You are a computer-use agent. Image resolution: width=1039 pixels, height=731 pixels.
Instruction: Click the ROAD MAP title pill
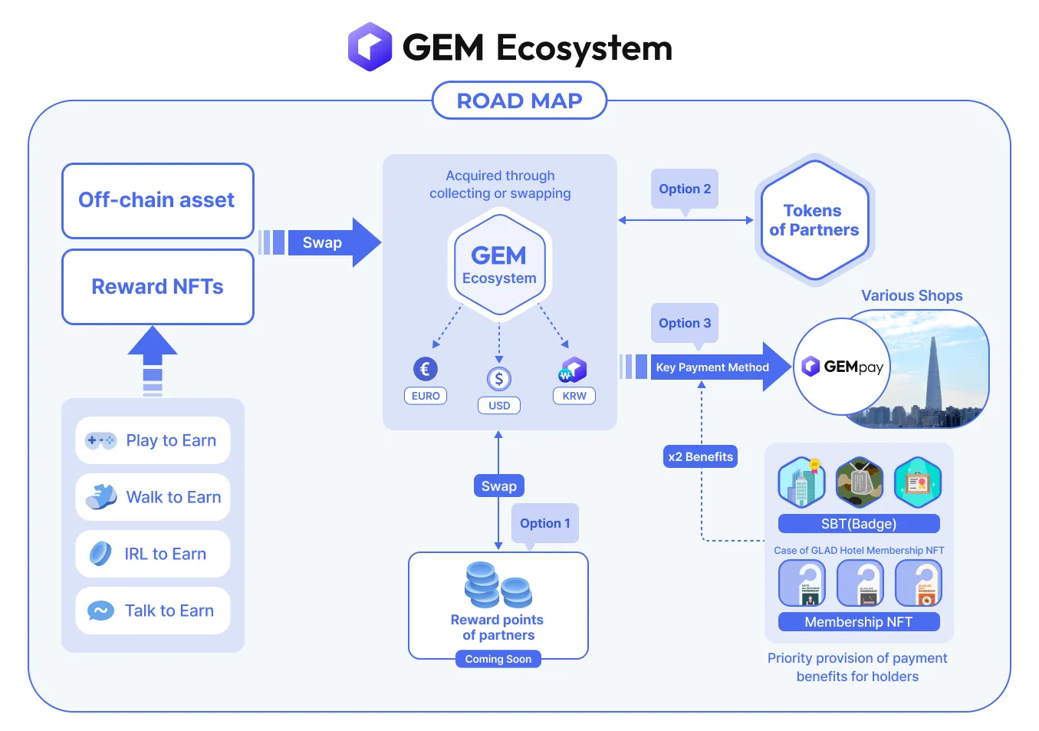click(519, 100)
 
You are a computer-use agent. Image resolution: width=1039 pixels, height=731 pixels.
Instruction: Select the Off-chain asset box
click(157, 200)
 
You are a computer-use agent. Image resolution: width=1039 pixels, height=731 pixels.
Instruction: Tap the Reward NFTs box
click(157, 287)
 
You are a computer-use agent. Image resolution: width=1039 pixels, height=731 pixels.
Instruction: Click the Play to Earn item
click(153, 440)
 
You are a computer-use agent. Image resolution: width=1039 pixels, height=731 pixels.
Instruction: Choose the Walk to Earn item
click(153, 497)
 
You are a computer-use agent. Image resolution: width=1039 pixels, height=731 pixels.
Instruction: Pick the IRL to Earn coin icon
click(100, 553)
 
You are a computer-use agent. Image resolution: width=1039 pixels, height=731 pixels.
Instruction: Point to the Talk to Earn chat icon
click(100, 611)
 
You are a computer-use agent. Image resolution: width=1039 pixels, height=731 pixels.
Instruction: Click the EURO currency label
click(426, 396)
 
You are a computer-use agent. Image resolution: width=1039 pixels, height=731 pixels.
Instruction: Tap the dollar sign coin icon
click(499, 378)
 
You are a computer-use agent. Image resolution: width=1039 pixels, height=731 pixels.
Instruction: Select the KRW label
click(574, 396)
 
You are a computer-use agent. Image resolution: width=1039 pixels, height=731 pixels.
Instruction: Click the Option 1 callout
click(545, 523)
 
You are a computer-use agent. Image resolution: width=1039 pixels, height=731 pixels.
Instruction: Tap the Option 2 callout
click(685, 189)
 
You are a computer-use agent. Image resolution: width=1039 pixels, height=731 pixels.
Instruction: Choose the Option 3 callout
click(685, 323)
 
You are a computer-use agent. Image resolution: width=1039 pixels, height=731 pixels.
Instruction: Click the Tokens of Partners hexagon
click(814, 220)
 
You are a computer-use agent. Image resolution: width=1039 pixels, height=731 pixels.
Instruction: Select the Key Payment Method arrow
click(713, 367)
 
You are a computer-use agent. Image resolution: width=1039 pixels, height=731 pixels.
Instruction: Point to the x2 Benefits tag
click(700, 456)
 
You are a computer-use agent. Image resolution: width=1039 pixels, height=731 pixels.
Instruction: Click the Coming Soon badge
click(498, 659)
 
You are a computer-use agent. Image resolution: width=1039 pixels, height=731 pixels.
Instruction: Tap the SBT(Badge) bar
click(859, 524)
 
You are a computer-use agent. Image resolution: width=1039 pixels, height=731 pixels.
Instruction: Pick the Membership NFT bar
click(859, 622)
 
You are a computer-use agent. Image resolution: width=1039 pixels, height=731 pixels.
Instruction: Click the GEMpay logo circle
click(842, 367)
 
